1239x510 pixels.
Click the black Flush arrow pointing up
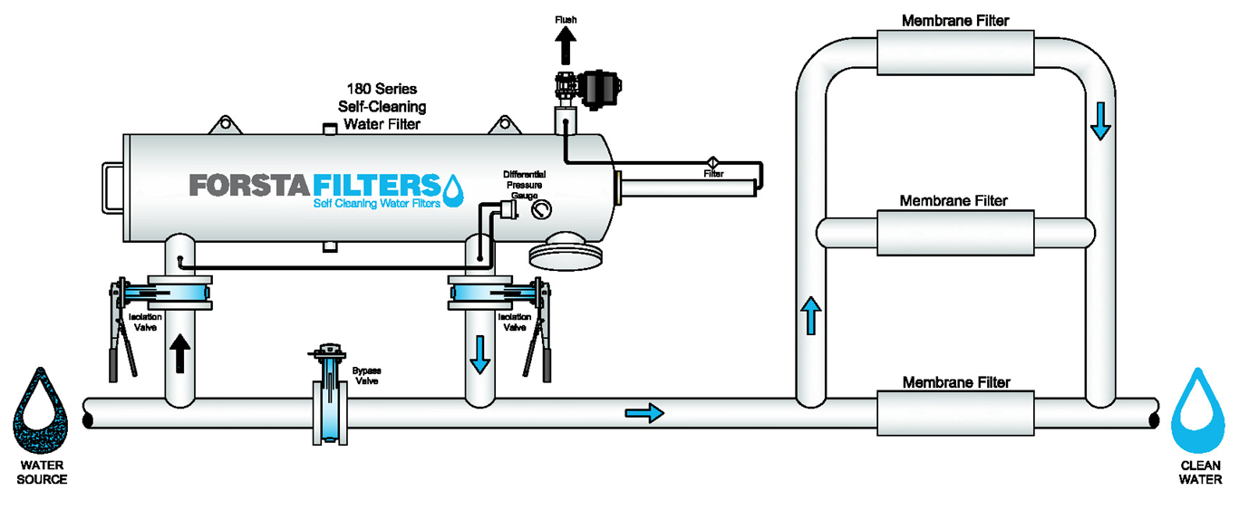pos(565,45)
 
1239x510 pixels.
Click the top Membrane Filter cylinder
pos(955,53)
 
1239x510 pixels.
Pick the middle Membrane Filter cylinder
pos(955,233)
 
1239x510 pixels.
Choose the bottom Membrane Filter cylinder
pos(955,413)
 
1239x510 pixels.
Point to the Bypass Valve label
pos(367,376)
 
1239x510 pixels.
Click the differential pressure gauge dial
pos(541,209)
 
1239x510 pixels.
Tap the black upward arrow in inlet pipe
pos(179,353)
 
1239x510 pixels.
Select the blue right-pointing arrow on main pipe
pos(644,413)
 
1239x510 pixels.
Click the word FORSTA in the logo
pos(249,185)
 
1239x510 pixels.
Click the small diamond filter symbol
pos(713,162)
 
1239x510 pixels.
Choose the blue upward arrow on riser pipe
pos(811,315)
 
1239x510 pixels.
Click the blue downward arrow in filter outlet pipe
pos(479,355)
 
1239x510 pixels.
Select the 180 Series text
pos(382,89)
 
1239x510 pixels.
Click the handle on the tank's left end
pos(112,188)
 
